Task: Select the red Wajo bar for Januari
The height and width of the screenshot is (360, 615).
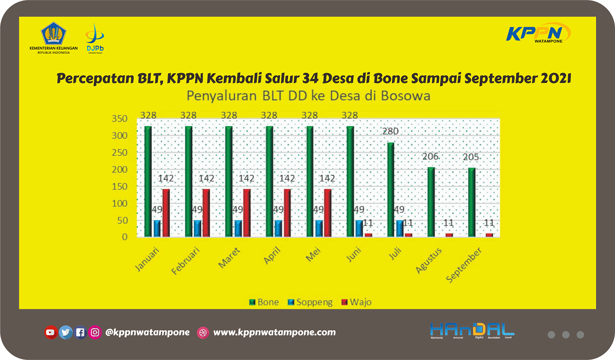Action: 166,213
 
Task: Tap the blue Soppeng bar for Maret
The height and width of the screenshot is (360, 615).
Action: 238,228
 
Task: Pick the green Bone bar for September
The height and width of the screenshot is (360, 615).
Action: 471,202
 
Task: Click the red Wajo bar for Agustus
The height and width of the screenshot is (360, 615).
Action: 449,235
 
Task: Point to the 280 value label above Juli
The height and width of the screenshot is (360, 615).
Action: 389,132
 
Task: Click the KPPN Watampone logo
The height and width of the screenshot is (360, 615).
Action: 538,33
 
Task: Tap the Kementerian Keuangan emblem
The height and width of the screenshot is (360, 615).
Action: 54,34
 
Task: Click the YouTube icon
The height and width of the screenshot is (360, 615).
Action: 50,332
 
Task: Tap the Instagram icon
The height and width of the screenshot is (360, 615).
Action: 95,332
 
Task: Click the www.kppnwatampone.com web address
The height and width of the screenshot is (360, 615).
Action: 274,332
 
